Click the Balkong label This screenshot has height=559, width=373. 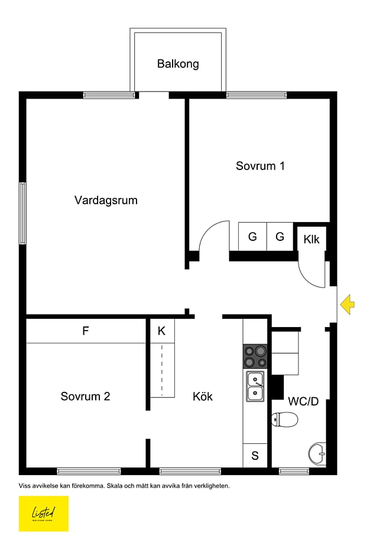pyautogui.click(x=178, y=64)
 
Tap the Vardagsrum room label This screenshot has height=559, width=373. pyautogui.click(x=106, y=200)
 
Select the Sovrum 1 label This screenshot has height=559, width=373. pyautogui.click(x=260, y=166)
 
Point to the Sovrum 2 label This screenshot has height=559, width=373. pyautogui.click(x=85, y=396)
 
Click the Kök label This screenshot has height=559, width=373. pyautogui.click(x=202, y=396)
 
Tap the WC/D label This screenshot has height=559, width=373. pyautogui.click(x=303, y=401)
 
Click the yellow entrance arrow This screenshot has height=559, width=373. pyautogui.click(x=348, y=305)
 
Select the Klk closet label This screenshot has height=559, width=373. pyautogui.click(x=312, y=239)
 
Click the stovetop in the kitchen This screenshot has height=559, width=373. pyautogui.click(x=255, y=357)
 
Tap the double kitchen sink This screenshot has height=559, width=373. pyautogui.click(x=255, y=386)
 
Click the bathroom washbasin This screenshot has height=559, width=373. pyautogui.click(x=317, y=453)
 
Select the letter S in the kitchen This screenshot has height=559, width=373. pyautogui.click(x=255, y=455)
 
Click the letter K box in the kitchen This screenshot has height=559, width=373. pyautogui.click(x=161, y=331)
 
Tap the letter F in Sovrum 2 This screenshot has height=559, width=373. pyautogui.click(x=86, y=331)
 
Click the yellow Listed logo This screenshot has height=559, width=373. pyautogui.click(x=44, y=513)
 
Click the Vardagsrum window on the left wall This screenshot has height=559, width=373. pyautogui.click(x=22, y=213)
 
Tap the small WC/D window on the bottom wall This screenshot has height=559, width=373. pyautogui.click(x=294, y=470)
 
